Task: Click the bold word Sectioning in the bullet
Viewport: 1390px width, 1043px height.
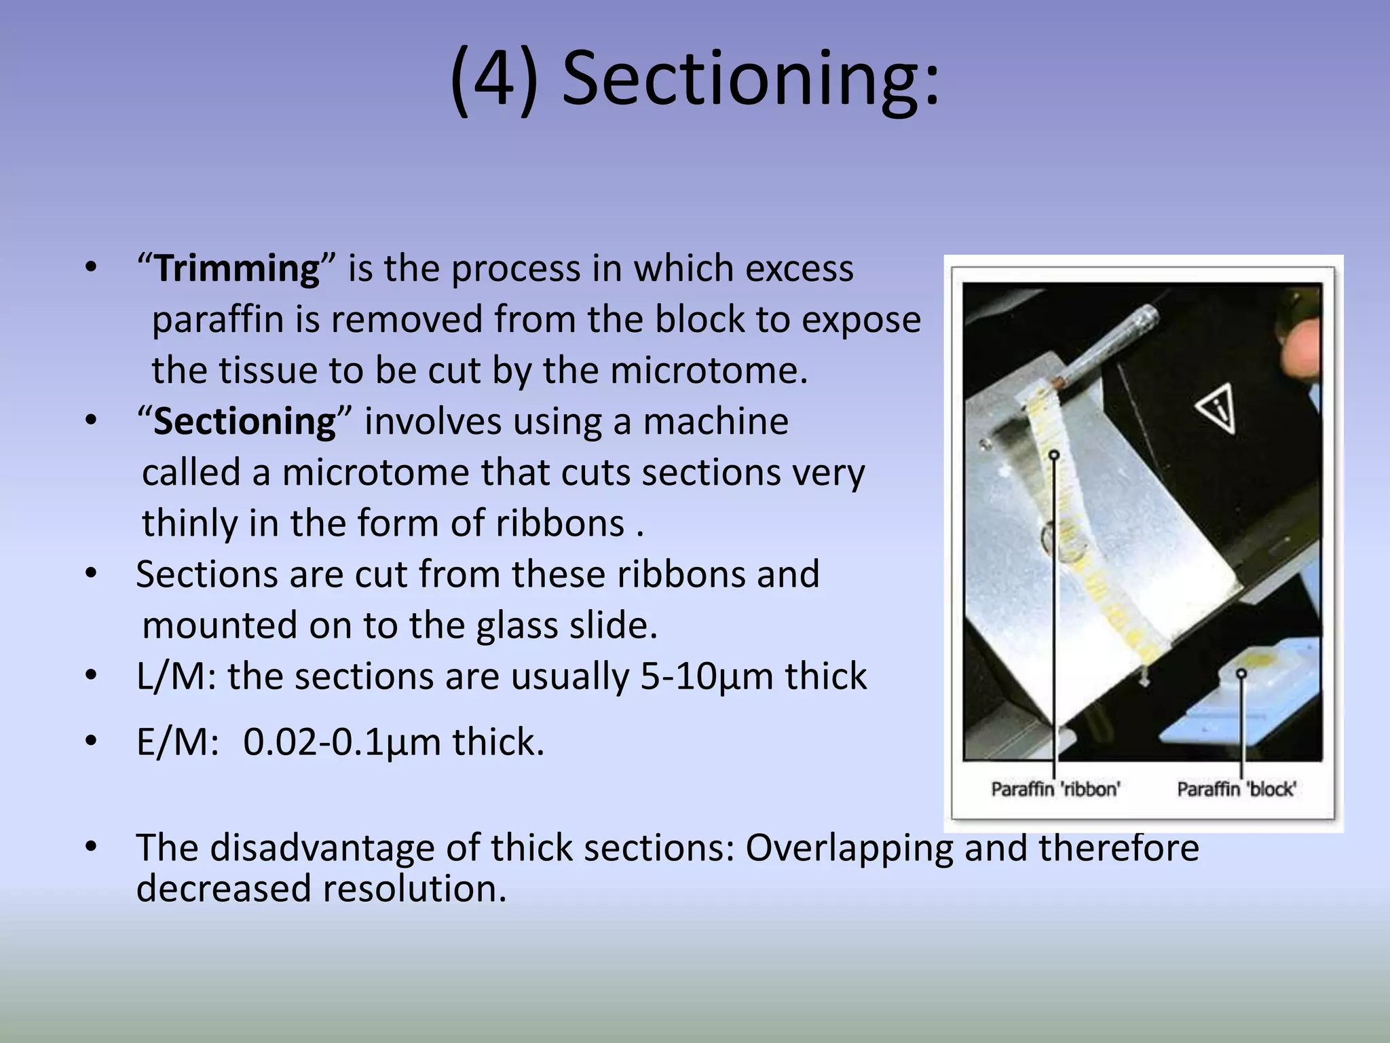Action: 244,422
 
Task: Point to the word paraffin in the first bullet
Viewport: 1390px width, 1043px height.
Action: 217,320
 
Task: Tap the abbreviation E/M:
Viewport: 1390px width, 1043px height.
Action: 177,742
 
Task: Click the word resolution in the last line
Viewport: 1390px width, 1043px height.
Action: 414,889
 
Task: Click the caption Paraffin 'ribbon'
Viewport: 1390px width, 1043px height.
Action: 1055,789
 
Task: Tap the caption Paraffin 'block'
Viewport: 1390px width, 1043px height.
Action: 1236,789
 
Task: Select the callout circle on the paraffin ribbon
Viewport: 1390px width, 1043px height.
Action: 1054,455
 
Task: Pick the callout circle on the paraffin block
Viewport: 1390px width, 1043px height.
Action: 1241,674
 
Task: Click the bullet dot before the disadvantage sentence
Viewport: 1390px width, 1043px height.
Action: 92,847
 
